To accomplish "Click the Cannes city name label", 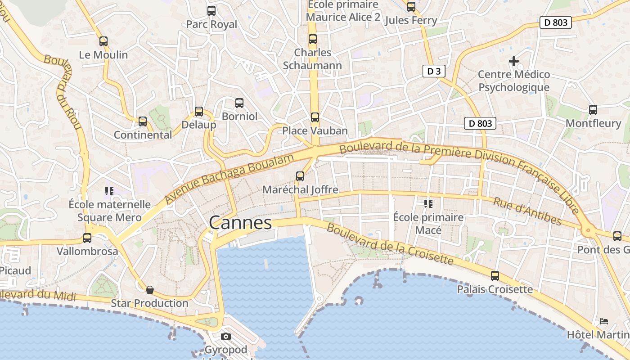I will [240, 222].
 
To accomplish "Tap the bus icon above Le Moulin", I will [103, 41].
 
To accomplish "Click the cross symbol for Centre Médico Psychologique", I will [513, 61].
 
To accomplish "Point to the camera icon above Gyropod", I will [226, 336].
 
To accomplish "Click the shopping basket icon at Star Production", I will [150, 290].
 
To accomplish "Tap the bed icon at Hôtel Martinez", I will [604, 321].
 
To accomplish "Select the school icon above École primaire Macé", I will [428, 204].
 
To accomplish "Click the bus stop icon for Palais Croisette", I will [495, 276].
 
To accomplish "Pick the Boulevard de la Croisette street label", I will [390, 245].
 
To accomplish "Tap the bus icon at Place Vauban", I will [315, 117].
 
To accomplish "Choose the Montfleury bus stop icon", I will [593, 109].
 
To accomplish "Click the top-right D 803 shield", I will [555, 22].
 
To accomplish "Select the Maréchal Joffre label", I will [300, 189].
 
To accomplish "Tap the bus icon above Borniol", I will [239, 103].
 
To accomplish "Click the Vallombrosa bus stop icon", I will [87, 238].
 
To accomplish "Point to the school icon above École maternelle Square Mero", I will [109, 191].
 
